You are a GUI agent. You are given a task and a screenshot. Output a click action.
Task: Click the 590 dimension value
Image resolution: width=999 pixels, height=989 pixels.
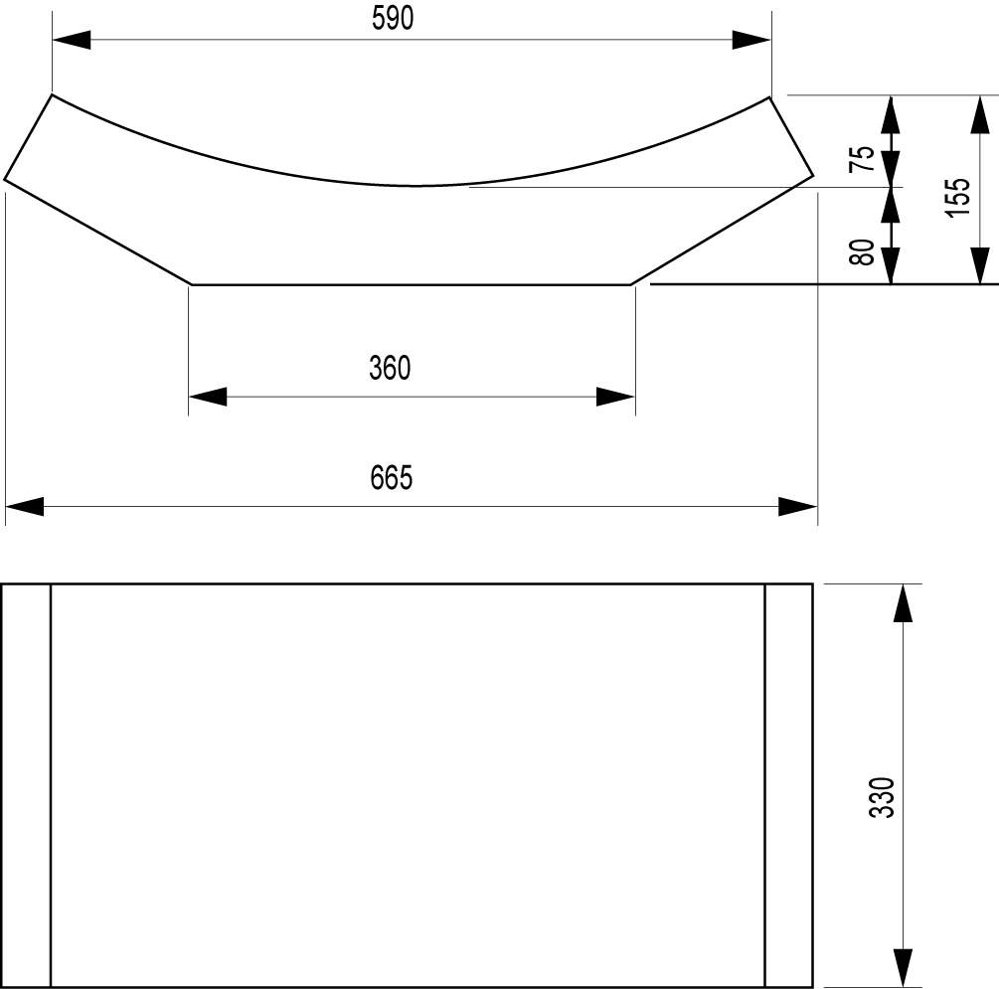[x=393, y=18]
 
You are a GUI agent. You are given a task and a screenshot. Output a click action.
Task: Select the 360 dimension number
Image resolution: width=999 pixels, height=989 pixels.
[x=390, y=368]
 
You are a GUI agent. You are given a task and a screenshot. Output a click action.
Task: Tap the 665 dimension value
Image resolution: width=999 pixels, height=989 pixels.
[x=392, y=477]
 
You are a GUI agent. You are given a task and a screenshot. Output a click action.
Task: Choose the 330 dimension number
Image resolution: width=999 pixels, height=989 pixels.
[x=882, y=796]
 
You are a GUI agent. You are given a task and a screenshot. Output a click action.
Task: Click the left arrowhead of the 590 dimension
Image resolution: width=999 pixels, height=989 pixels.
[x=72, y=40]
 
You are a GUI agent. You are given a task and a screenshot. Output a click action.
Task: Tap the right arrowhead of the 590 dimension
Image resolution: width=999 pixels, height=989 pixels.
[x=751, y=40]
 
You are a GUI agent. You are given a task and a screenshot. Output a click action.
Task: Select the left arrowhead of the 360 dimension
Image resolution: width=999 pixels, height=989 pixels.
[x=208, y=397]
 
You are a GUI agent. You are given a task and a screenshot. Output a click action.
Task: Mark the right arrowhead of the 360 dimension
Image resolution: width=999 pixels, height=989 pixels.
[x=615, y=397]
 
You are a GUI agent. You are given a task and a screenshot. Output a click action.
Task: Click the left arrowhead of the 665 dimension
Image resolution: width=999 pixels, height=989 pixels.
[x=25, y=507]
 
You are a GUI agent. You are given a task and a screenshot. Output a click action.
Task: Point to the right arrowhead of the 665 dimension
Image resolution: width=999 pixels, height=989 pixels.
[x=797, y=507]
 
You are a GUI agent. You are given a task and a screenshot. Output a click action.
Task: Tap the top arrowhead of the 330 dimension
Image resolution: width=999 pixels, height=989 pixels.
[x=903, y=602]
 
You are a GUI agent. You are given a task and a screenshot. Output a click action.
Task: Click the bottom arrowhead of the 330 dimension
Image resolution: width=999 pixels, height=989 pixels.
[x=903, y=968]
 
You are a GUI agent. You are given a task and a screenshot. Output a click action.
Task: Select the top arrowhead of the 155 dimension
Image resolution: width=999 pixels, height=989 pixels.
[x=980, y=115]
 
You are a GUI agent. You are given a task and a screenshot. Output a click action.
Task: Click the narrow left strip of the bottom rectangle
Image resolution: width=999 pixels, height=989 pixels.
[x=26, y=785]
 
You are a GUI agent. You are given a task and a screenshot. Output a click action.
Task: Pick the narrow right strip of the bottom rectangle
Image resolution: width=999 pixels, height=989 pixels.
[x=788, y=785]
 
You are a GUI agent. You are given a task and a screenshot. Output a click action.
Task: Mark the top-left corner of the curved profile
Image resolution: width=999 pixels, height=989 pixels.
[x=52, y=95]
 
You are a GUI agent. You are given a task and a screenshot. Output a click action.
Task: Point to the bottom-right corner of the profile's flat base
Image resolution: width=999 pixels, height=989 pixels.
[x=631, y=284]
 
